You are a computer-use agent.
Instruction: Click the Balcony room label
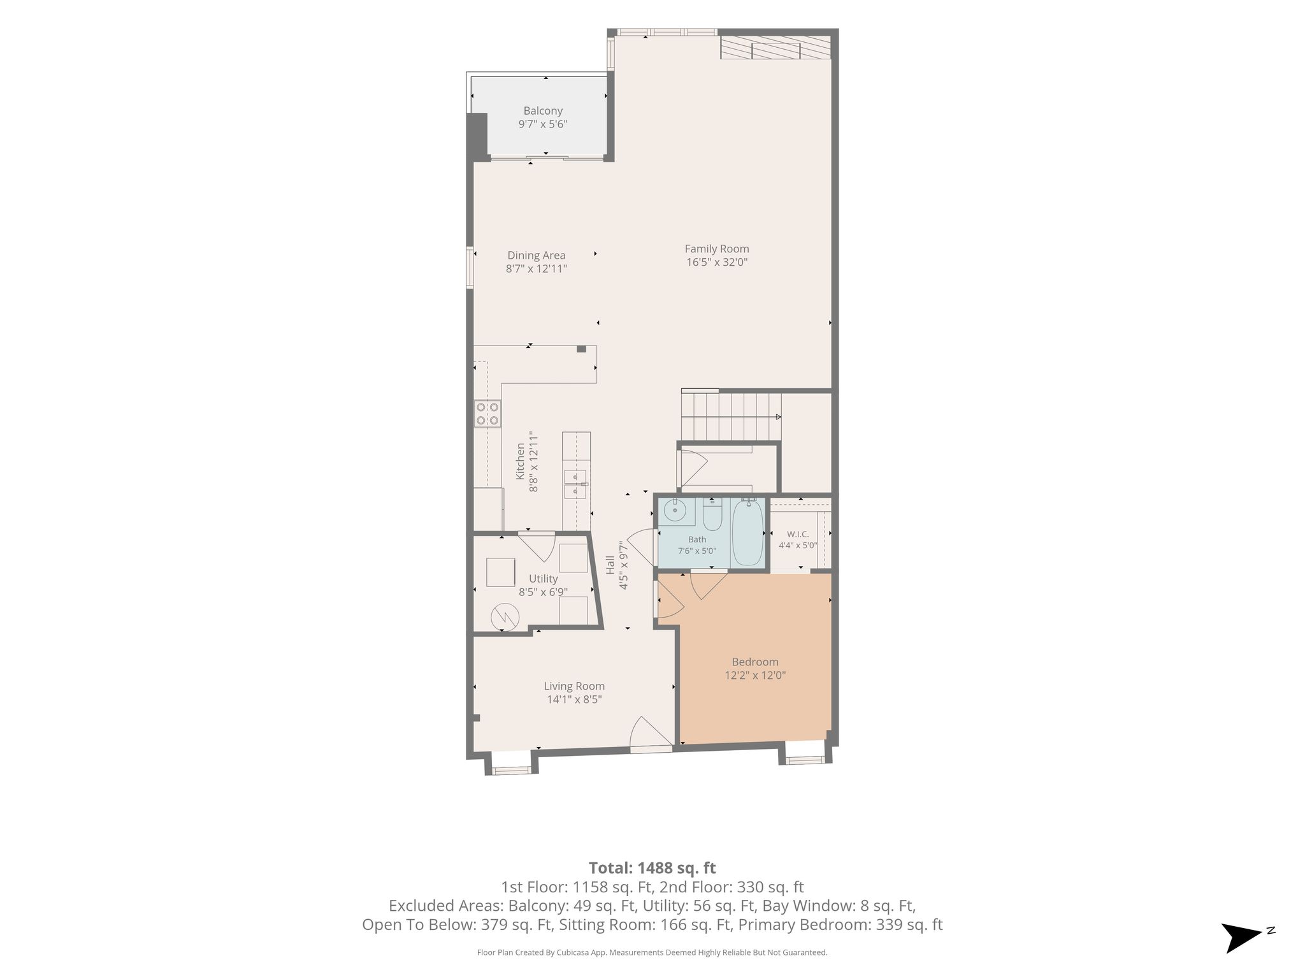tap(543, 111)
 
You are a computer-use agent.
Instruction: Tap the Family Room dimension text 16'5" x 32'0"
tap(717, 262)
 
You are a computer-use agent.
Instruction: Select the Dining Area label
tap(537, 256)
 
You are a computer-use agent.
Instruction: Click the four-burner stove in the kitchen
tap(487, 413)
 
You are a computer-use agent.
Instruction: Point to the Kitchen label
tap(520, 461)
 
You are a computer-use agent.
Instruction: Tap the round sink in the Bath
tap(674, 511)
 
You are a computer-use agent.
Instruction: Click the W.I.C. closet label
tap(798, 534)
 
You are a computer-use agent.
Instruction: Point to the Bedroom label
tap(755, 662)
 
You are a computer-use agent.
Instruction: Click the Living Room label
tap(574, 686)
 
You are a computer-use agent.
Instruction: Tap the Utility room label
tap(543, 579)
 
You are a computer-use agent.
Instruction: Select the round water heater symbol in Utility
tap(505, 616)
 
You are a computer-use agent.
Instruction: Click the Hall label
tap(610, 565)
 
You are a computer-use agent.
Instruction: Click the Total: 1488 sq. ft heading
tap(652, 868)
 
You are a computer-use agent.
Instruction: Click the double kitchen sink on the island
tap(575, 484)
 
